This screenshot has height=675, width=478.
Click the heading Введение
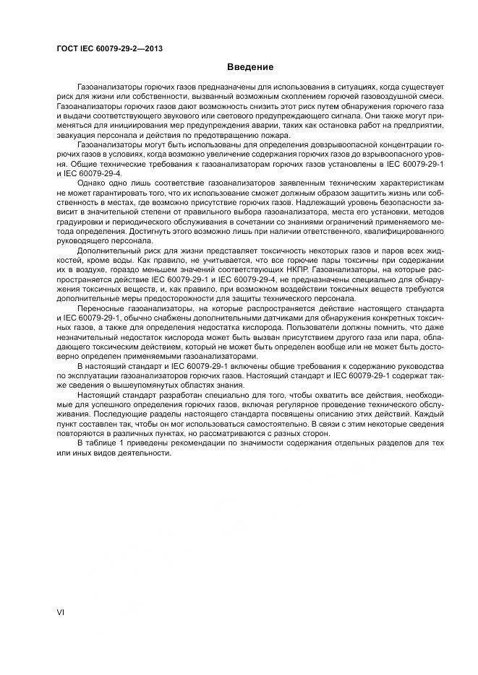(250, 67)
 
